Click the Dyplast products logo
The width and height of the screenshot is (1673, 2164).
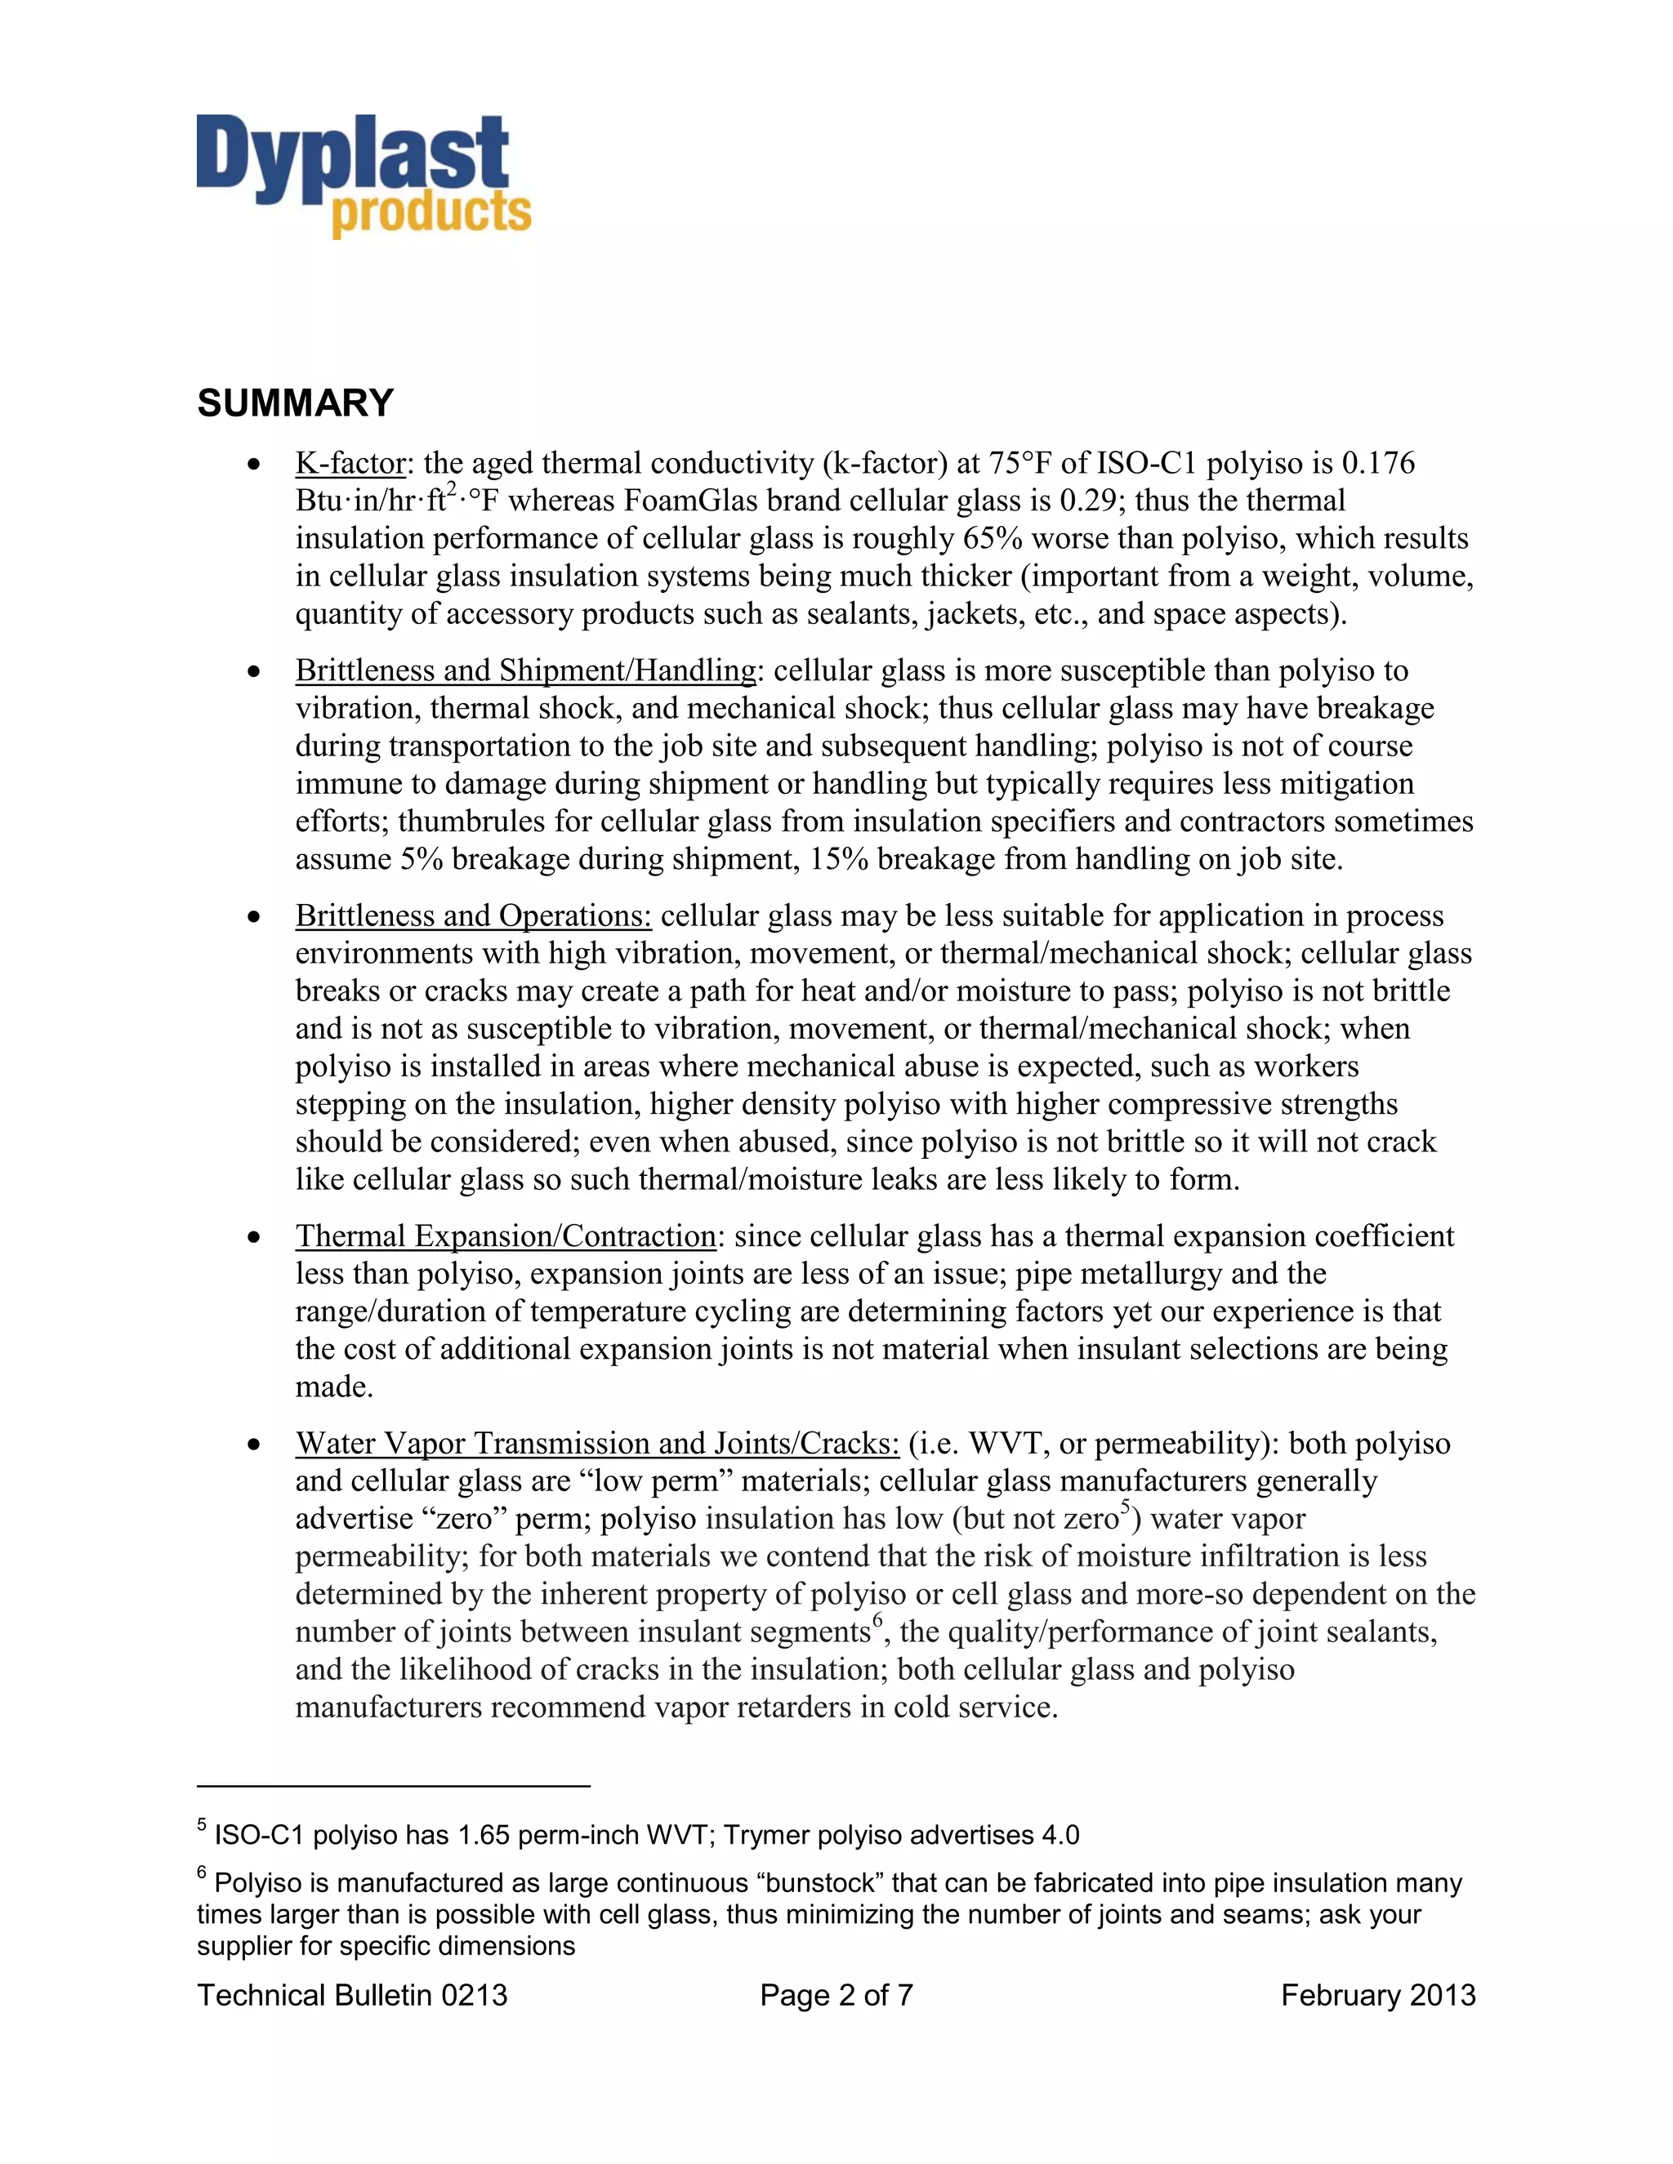[x=363, y=176]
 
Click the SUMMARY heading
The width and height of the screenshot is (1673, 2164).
[x=296, y=403]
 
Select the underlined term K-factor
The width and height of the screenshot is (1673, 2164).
[x=350, y=463]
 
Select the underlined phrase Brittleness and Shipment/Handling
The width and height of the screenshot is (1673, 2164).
[x=525, y=670]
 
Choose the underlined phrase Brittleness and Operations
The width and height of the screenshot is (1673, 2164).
[x=473, y=915]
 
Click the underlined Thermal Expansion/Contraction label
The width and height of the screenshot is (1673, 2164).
[x=506, y=1236]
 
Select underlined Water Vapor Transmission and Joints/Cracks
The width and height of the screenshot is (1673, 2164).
[x=596, y=1444]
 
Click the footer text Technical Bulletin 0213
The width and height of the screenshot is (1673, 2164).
[x=352, y=1996]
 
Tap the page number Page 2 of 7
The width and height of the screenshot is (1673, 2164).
[x=836, y=1996]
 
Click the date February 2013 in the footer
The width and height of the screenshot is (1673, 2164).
[x=1377, y=1996]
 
